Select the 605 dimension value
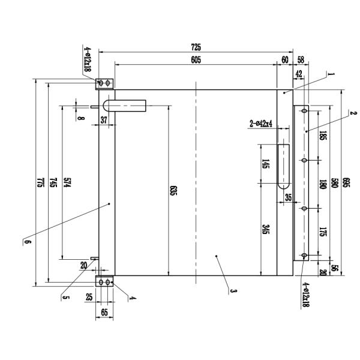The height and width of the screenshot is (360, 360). (x=196, y=59)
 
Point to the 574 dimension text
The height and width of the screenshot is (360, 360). (x=68, y=183)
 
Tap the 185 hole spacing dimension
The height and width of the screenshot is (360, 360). (x=323, y=136)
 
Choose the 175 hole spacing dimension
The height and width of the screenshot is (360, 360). (x=323, y=233)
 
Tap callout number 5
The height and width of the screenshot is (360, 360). (x=63, y=295)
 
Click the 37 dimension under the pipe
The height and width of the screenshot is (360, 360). (x=104, y=120)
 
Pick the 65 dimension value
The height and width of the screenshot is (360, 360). (x=104, y=311)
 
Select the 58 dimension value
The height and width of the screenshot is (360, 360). (x=300, y=59)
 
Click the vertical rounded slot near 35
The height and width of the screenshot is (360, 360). (x=283, y=167)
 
